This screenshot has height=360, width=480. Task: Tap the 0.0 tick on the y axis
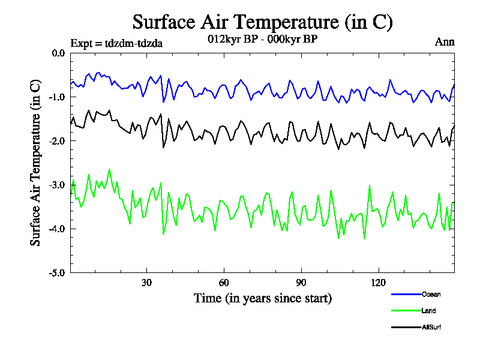(58, 53)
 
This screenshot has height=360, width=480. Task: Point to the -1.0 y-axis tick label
(57, 97)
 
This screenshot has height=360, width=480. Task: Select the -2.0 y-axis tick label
(57, 141)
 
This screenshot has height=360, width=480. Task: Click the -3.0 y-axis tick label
(57, 185)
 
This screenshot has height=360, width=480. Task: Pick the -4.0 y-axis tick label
(57, 229)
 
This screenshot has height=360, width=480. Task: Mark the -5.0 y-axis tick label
(57, 272)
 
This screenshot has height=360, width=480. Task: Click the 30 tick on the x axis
(146, 282)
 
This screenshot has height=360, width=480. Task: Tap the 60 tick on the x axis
(223, 282)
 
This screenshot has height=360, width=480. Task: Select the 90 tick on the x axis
(301, 282)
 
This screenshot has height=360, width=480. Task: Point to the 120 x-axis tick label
(379, 282)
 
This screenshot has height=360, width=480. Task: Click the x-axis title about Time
(262, 298)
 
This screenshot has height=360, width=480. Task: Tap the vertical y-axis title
(35, 163)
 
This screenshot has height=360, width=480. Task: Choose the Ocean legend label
(431, 294)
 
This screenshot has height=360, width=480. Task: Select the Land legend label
(429, 311)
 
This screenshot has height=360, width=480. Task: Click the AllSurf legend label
(432, 327)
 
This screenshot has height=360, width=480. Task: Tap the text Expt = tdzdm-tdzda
(116, 43)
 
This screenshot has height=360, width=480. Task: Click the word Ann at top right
(445, 42)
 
